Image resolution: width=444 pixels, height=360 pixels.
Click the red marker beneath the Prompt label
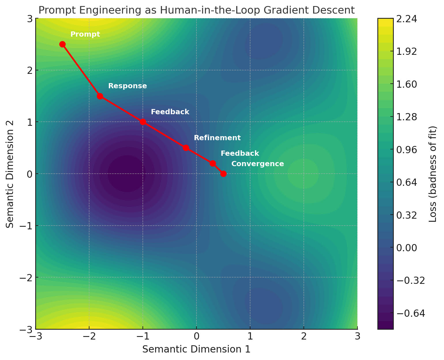[62, 44]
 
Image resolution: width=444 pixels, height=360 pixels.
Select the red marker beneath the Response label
[100, 96]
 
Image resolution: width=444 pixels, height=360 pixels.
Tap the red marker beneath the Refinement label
[186, 148]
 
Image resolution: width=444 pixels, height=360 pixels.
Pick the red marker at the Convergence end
[223, 174]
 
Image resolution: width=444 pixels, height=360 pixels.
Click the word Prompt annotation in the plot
[85, 34]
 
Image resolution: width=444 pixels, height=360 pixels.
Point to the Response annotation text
[128, 86]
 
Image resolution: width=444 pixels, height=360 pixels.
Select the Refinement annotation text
[217, 138]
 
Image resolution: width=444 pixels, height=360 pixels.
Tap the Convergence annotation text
[258, 164]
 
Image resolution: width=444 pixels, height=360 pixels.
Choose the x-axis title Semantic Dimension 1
[196, 349]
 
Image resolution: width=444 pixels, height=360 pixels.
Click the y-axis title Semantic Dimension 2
[10, 174]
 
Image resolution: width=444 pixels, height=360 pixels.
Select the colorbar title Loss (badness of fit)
[433, 174]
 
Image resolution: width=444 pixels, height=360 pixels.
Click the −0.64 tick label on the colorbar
[409, 313]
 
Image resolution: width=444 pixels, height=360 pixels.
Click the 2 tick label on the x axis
[304, 336]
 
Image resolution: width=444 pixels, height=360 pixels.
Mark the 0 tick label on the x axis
[196, 336]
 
